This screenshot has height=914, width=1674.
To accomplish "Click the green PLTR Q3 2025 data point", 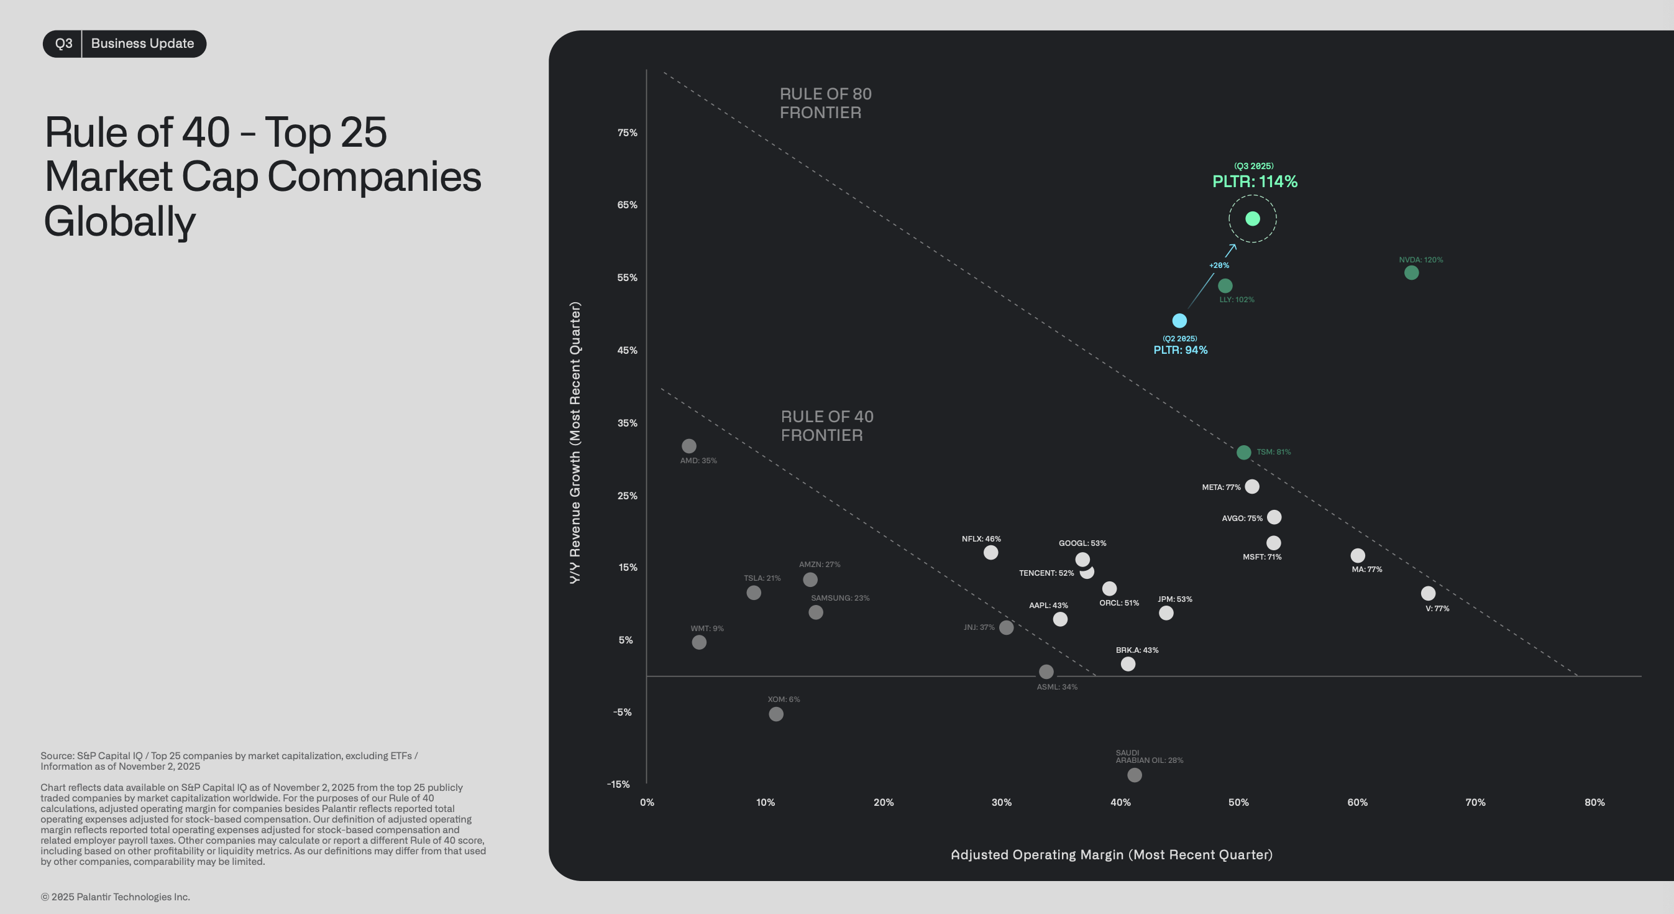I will (1252, 218).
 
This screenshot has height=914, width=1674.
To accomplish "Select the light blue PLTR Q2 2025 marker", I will (1179, 320).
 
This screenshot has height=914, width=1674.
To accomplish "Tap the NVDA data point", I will (1411, 273).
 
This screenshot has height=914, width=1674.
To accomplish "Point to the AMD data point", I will (689, 446).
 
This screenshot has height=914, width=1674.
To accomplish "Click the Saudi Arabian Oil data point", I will (1134, 775).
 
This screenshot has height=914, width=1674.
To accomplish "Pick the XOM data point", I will (776, 714).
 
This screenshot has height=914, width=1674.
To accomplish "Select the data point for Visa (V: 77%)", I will (1428, 594).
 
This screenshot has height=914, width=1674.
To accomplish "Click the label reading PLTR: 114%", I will (1254, 182).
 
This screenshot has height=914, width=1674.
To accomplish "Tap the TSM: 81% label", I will (1273, 452).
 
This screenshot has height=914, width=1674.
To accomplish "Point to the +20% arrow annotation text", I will (1219, 265).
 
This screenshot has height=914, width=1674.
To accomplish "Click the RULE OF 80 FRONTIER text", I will (825, 103).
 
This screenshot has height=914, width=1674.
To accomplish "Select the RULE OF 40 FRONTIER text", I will (826, 426).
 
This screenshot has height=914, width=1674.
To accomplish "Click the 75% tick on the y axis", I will (627, 132).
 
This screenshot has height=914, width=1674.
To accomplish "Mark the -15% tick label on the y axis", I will (618, 784).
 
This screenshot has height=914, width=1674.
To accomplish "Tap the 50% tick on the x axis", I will (1238, 802).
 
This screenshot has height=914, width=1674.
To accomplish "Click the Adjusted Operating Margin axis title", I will (1111, 855).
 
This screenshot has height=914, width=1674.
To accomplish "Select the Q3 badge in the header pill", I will (63, 44).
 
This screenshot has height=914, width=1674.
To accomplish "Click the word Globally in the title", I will (119, 222).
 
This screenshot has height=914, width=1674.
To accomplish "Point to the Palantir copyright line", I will (115, 897).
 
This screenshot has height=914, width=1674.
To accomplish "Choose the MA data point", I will (1358, 555).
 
